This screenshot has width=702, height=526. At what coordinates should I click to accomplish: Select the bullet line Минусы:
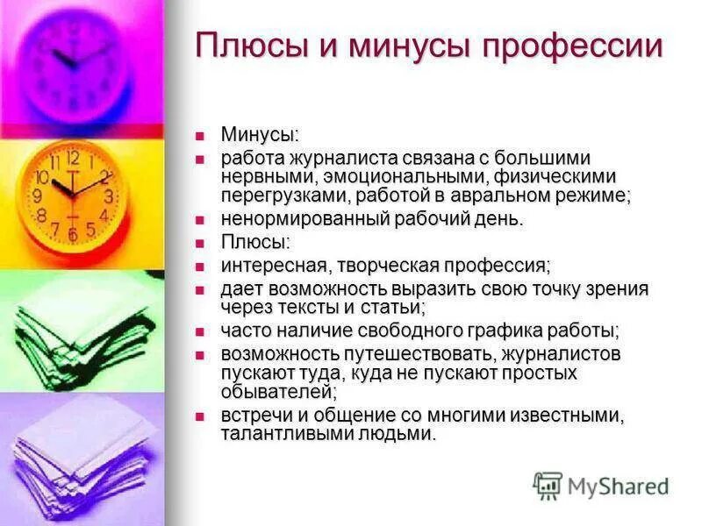(x=260, y=135)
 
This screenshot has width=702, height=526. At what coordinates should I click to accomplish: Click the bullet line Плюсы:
(x=255, y=242)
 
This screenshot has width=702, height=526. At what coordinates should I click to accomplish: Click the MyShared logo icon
(x=548, y=485)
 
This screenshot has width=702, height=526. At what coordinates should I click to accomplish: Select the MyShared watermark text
(x=618, y=486)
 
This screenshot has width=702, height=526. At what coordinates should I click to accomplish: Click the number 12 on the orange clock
(x=73, y=159)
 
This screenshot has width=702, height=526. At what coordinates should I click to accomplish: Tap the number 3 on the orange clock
(x=108, y=196)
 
